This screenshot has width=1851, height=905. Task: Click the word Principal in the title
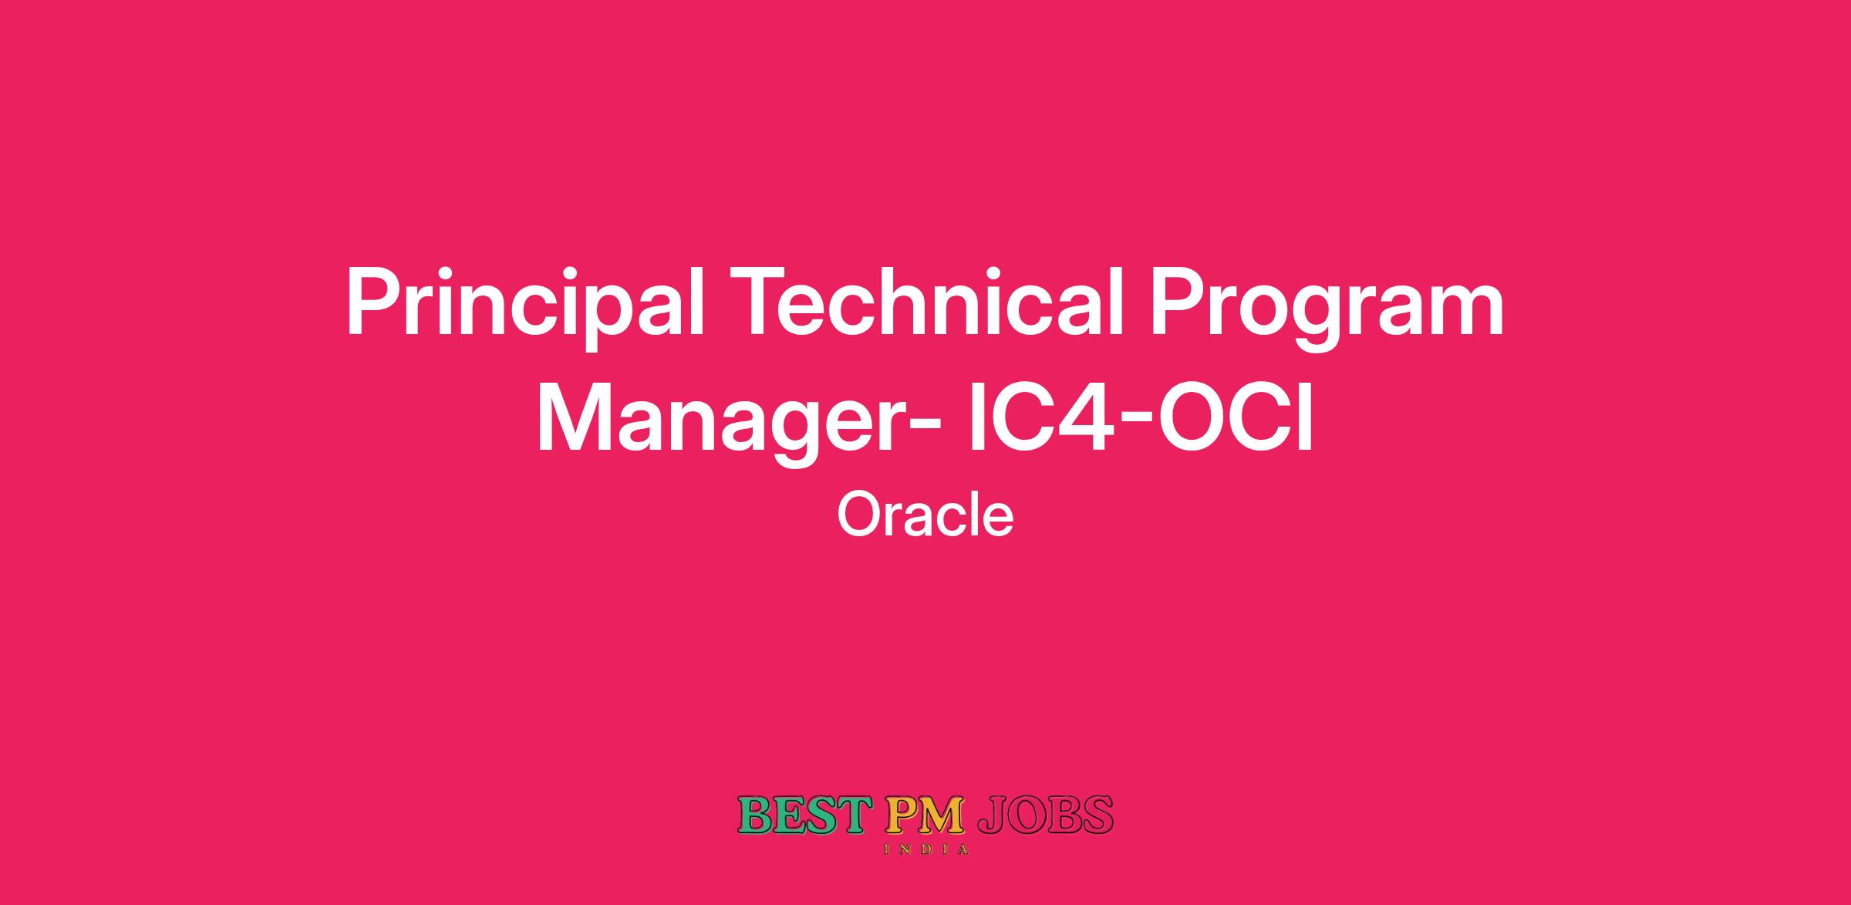524,304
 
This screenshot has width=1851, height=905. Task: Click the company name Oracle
925,515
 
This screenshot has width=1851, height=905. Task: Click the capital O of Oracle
858,515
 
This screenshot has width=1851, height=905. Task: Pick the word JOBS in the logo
1046,816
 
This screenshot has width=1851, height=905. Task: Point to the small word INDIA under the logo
925,849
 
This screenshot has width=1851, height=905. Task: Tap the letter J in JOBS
993,816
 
